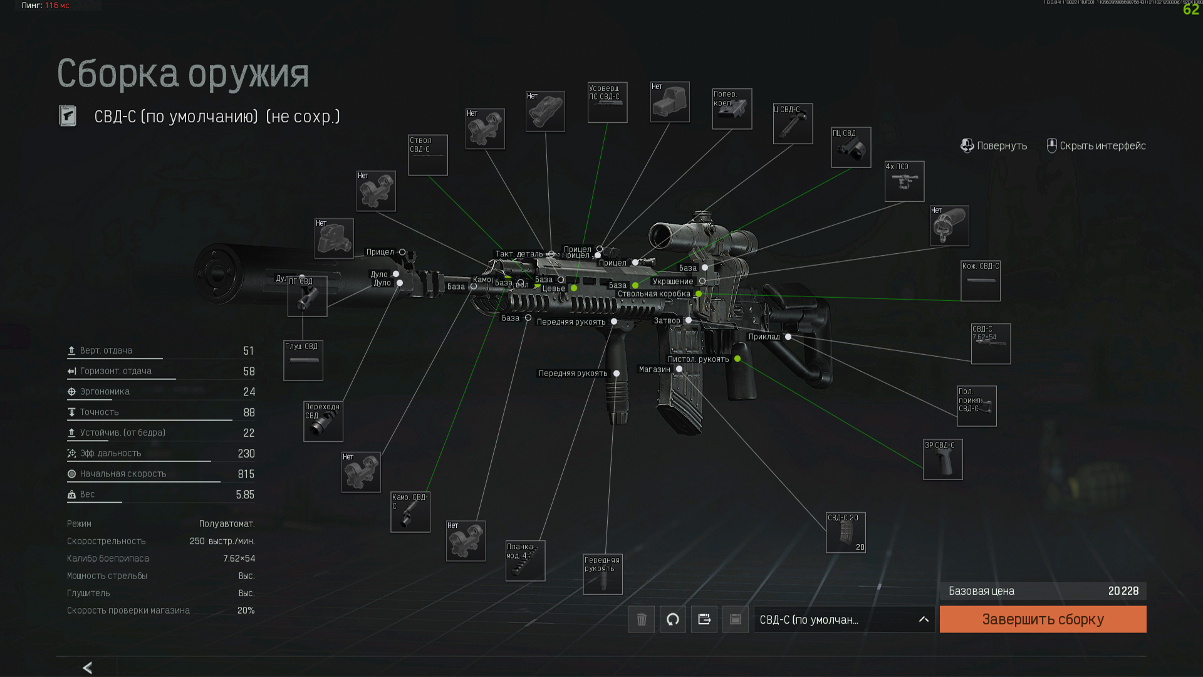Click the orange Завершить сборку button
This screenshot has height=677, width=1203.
(1043, 619)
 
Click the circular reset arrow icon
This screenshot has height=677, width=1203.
(672, 619)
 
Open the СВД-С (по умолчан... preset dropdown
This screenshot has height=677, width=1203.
(843, 619)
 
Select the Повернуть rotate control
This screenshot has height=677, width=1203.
(994, 146)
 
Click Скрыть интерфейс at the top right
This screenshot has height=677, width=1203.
(1096, 146)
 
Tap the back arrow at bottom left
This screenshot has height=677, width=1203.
(87, 668)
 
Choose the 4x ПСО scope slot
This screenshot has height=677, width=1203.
(904, 182)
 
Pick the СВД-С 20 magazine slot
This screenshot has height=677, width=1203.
(846, 533)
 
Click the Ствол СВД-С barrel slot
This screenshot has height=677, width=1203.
(428, 155)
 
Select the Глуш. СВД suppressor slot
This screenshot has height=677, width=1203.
(303, 360)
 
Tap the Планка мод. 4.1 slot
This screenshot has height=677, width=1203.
(525, 560)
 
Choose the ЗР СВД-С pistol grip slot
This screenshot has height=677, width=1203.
(942, 459)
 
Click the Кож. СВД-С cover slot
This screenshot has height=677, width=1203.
(981, 281)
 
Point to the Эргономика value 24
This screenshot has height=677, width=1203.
(249, 392)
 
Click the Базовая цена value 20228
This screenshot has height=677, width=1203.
(1123, 591)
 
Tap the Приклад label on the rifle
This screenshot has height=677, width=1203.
(764, 337)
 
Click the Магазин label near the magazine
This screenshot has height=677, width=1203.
(654, 369)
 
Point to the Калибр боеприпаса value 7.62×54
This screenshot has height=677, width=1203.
(239, 559)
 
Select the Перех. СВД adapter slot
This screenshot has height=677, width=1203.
(323, 421)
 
